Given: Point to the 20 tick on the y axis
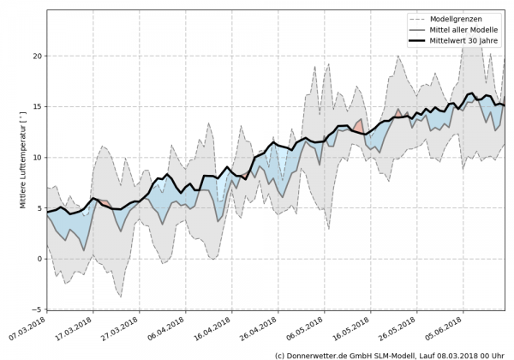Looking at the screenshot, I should pyautogui.click(x=35, y=56).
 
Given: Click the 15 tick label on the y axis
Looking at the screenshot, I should pyautogui.click(x=35, y=106).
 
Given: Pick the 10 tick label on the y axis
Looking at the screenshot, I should pyautogui.click(x=35, y=157).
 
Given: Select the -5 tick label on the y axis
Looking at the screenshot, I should pyautogui.click(x=35, y=309).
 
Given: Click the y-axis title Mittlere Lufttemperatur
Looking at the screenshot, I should pyautogui.click(x=12, y=161).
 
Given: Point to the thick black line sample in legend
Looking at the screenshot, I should pyautogui.click(x=420, y=39).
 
